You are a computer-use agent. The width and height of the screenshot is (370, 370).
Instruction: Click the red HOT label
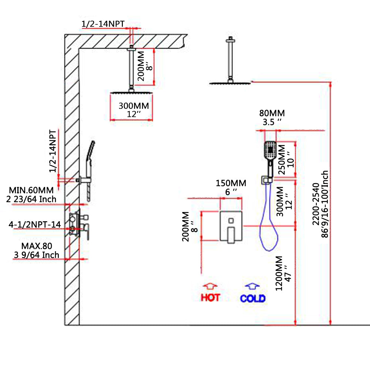pos(211,297)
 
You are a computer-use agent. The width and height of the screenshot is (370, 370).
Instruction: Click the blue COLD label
pos(253,298)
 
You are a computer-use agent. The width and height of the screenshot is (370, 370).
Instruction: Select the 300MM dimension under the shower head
pos(134,106)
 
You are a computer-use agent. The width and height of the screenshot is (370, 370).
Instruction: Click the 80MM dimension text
pos(272,113)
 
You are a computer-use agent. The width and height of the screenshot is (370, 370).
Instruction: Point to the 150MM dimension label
pos(231,183)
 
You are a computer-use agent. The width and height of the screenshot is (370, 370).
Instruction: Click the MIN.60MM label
pos(31,190)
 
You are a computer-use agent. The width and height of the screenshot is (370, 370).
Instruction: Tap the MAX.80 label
pos(36,246)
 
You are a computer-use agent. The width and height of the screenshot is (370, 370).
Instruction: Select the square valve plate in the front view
pos(231,226)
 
